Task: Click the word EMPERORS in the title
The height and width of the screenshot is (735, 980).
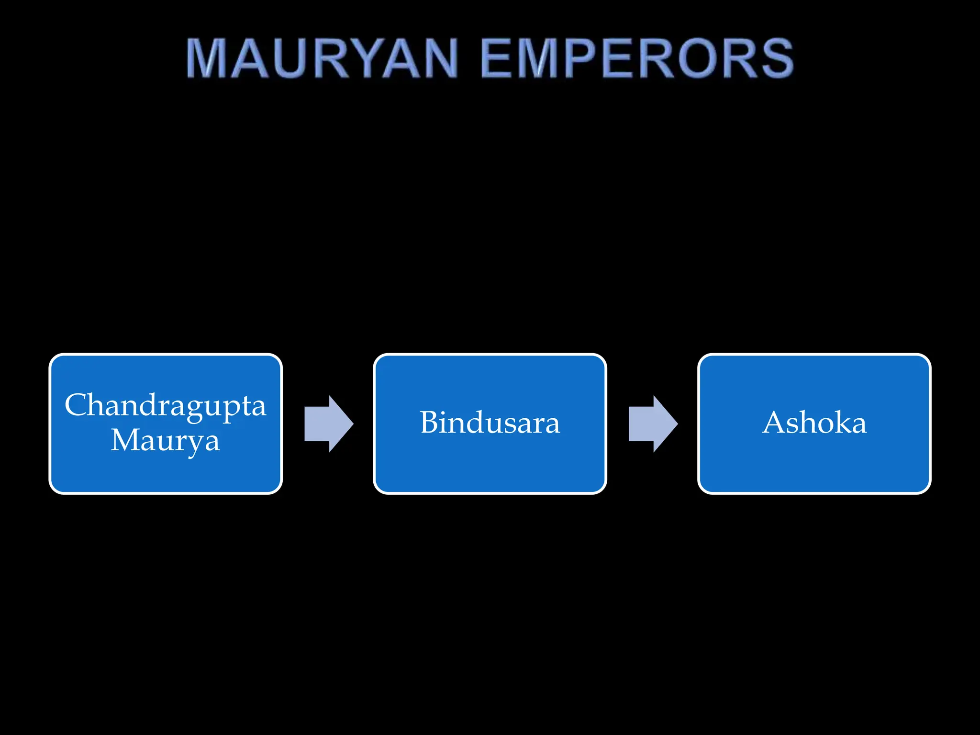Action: [x=637, y=58]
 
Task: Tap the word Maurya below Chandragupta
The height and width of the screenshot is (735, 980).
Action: [x=165, y=440]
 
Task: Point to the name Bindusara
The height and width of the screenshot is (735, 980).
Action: [x=490, y=423]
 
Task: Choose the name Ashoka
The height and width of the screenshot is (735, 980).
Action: [x=814, y=423]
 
